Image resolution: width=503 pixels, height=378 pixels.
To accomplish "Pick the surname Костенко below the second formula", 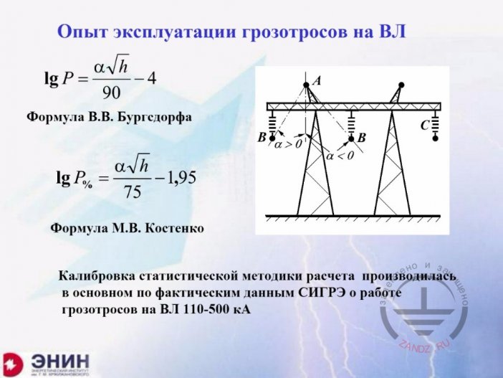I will point(174,228).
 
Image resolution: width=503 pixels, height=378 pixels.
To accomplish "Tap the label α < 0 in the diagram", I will point(339,155).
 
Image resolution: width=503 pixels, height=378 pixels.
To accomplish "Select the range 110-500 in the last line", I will point(194,310).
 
